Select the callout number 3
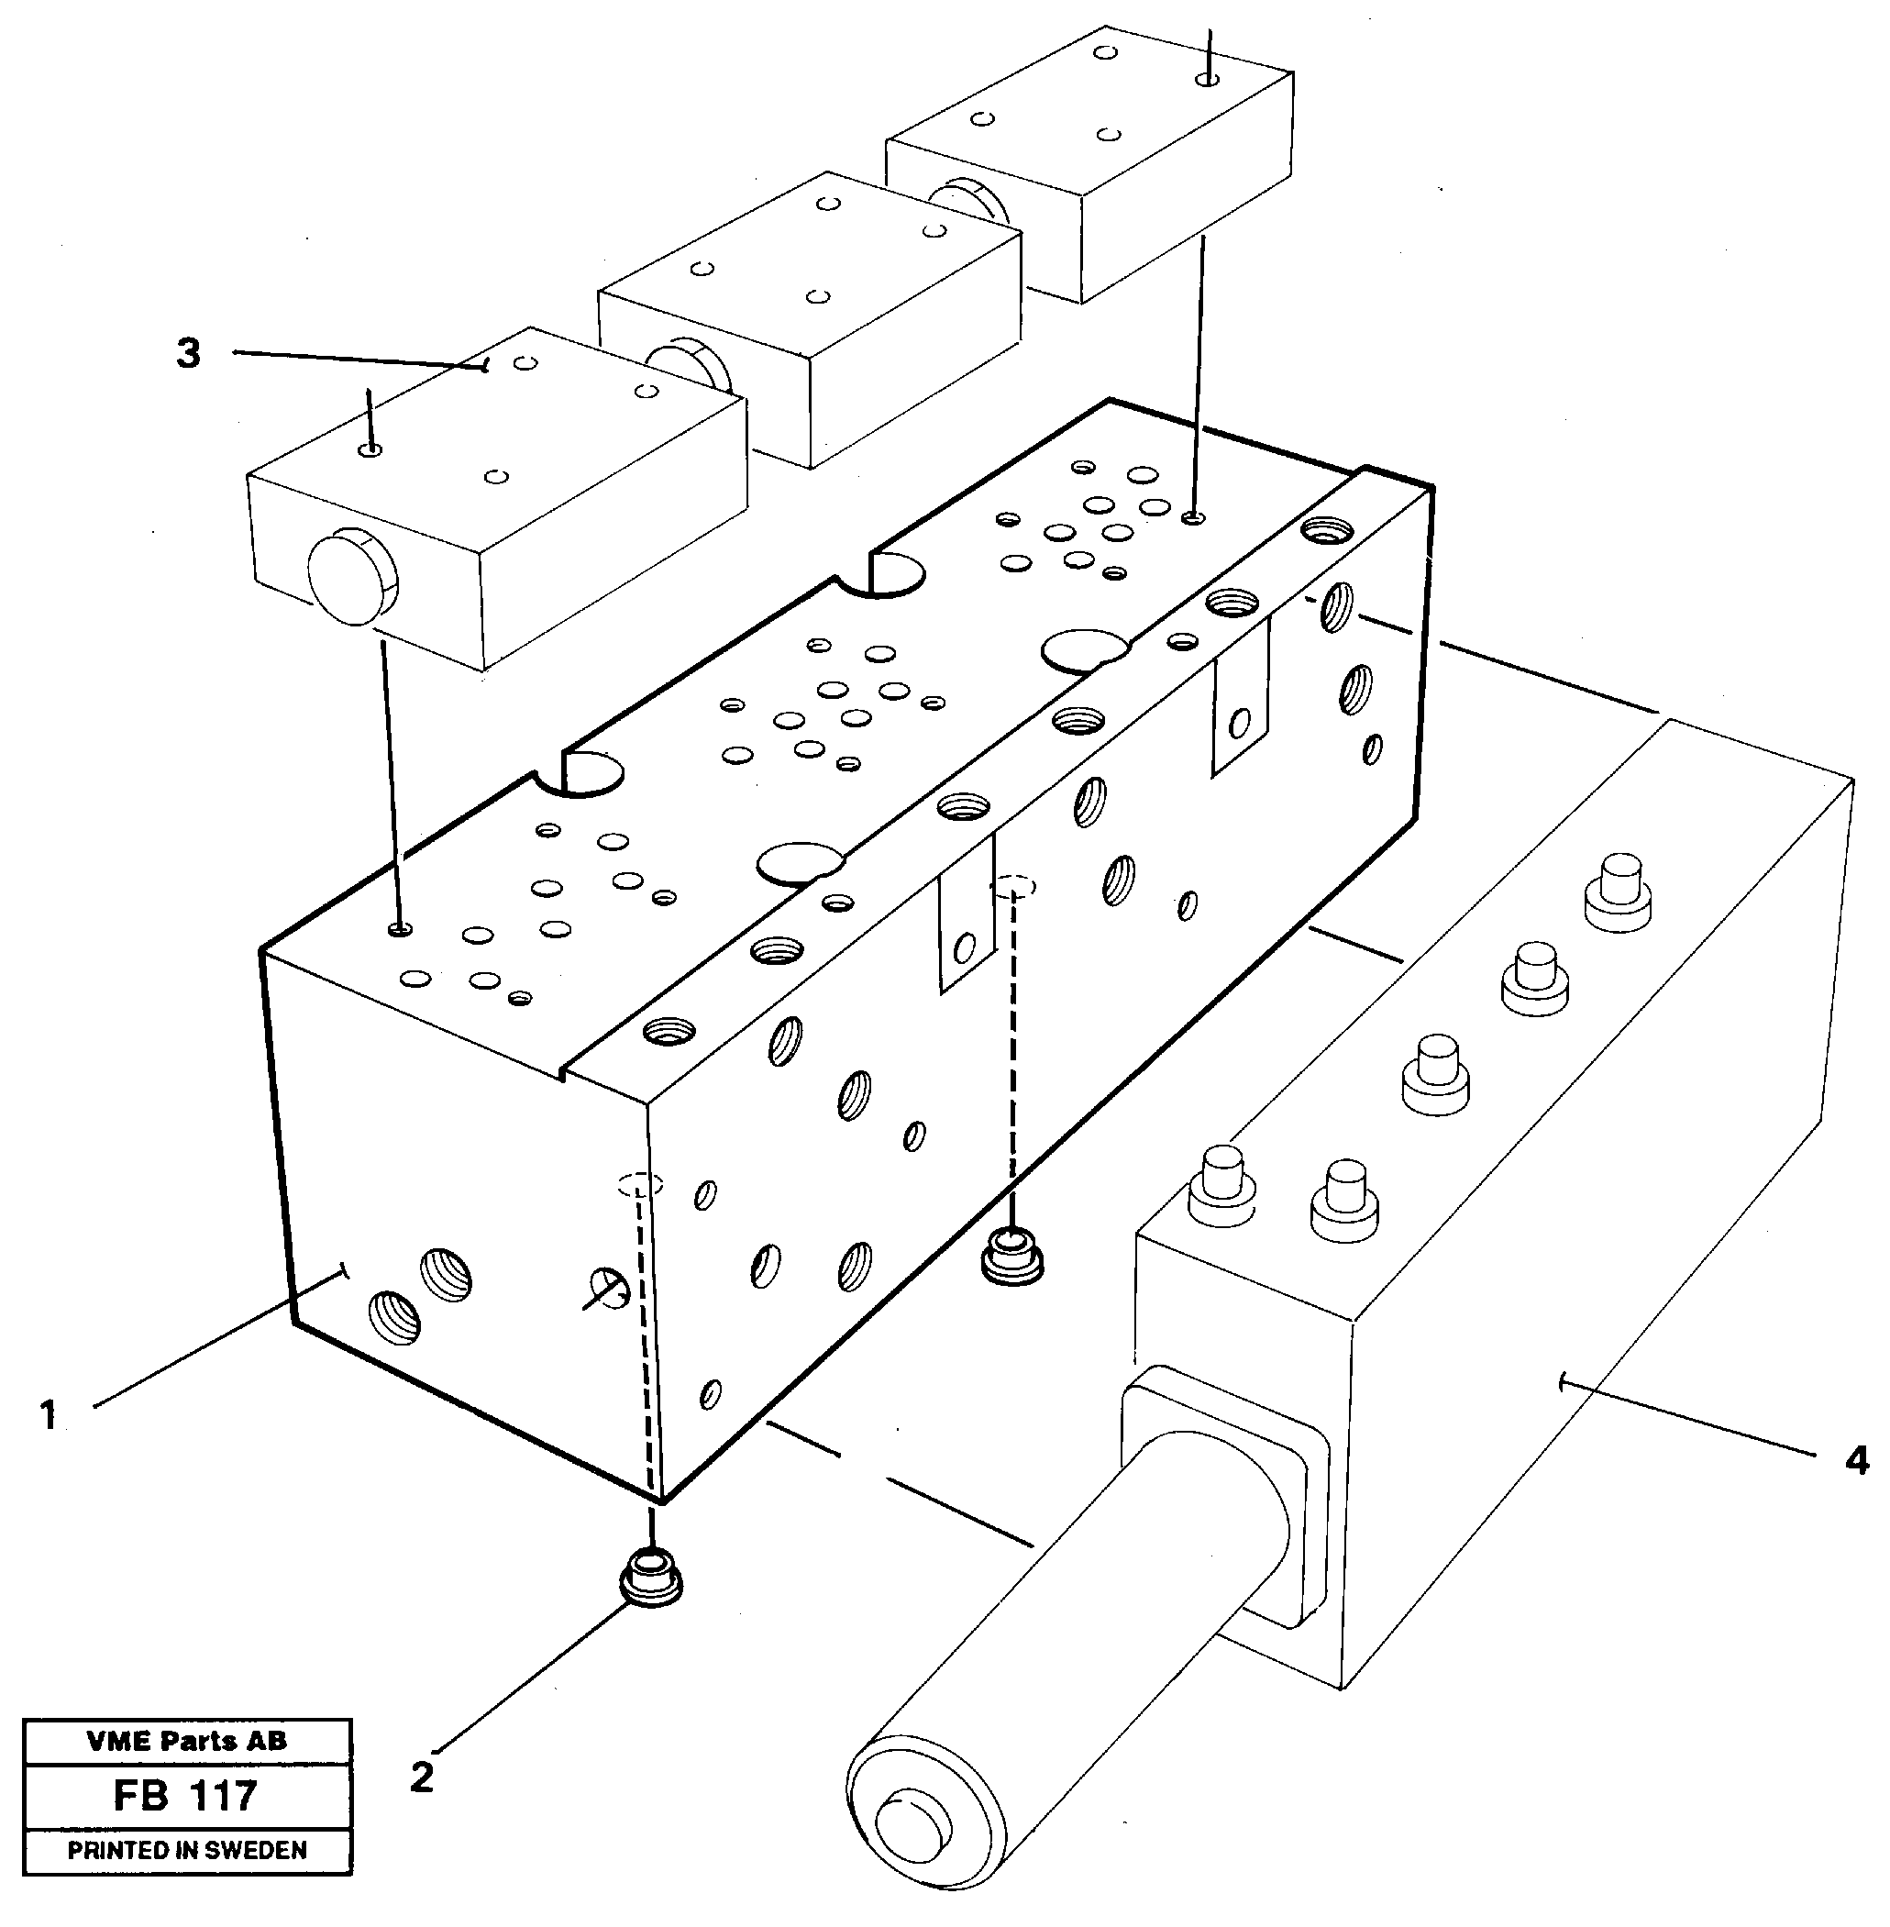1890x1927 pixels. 189,353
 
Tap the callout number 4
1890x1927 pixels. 1855,1461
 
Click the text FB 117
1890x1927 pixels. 187,1796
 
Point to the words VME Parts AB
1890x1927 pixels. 187,1741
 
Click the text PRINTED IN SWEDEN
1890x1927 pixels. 187,1850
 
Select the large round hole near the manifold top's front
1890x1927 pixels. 799,862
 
